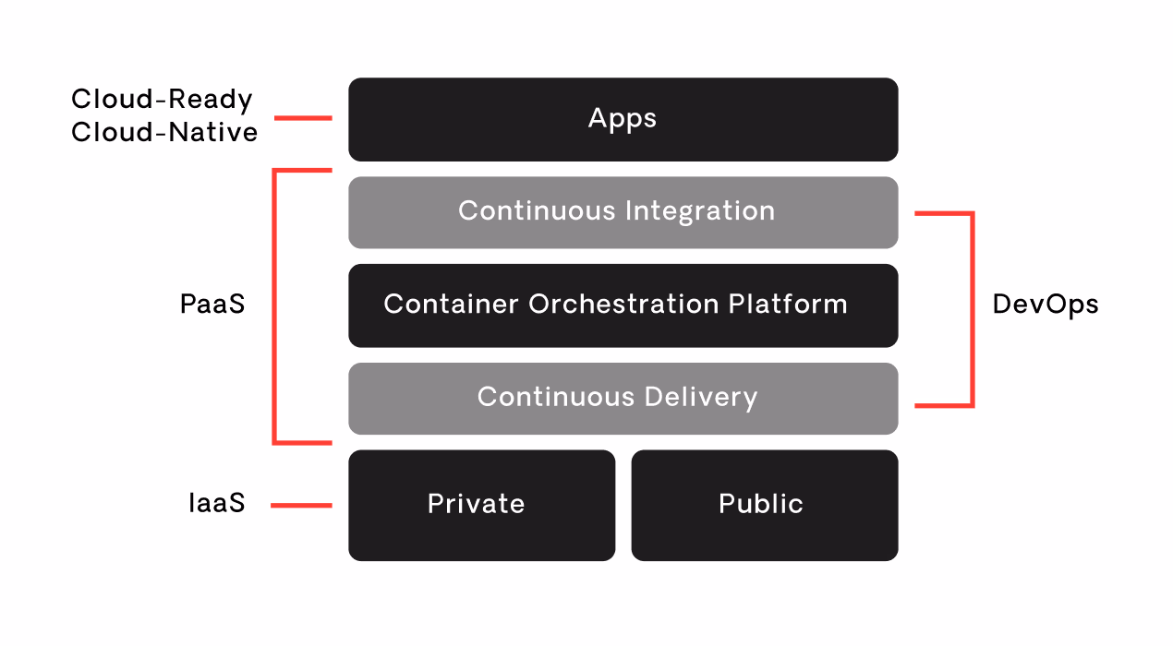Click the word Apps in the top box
click(x=623, y=119)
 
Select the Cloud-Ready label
click(x=162, y=100)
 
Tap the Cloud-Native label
click(x=164, y=133)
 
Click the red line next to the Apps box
click(x=303, y=118)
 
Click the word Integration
click(x=700, y=211)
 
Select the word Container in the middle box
click(x=451, y=305)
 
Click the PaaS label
click(x=212, y=305)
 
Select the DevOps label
click(x=1046, y=305)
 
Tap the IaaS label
click(x=216, y=504)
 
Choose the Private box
click(x=481, y=505)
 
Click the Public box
click(x=764, y=505)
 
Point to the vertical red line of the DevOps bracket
click(x=972, y=309)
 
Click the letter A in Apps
click(x=598, y=118)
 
